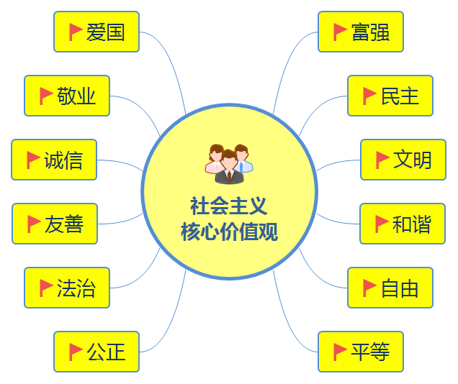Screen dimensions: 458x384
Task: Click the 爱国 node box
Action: click(x=96, y=32)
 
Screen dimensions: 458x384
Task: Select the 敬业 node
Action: click(x=67, y=96)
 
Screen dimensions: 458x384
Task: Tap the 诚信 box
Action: click(x=54, y=160)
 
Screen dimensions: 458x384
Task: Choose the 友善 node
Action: click(x=55, y=224)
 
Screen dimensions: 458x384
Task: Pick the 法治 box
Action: click(x=67, y=288)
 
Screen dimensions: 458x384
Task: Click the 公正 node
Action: click(x=96, y=352)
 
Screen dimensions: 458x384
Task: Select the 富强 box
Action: click(x=361, y=32)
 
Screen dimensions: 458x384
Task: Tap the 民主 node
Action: click(x=390, y=96)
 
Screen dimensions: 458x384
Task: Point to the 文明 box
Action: click(x=403, y=160)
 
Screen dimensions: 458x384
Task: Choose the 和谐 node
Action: click(x=403, y=224)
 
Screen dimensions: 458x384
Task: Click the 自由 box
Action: click(x=390, y=288)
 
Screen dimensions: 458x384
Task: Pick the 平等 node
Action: click(x=361, y=352)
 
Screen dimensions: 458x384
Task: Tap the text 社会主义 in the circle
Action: click(x=229, y=207)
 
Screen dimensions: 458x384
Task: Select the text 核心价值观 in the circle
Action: click(x=229, y=232)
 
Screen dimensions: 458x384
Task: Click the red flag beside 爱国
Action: click(x=75, y=32)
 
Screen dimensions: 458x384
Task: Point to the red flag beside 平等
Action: click(x=340, y=352)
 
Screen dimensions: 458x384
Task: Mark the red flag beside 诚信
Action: click(x=33, y=160)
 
